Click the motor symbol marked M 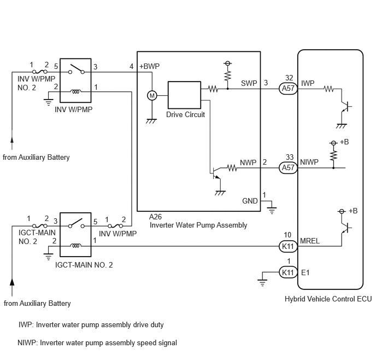click(x=152, y=96)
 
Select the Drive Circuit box click(x=184, y=95)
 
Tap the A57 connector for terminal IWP click(x=288, y=89)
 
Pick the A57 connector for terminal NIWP click(x=288, y=167)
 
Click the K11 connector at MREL click(x=288, y=246)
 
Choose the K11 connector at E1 click(x=288, y=272)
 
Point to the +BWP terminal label click(x=149, y=66)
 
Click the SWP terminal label click(x=249, y=83)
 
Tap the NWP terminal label click(x=248, y=162)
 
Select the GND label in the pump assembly click(x=250, y=201)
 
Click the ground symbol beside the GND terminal click(x=272, y=211)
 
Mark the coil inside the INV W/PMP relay click(x=75, y=91)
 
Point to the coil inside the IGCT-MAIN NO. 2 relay click(x=75, y=246)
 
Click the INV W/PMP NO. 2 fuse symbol click(x=39, y=72)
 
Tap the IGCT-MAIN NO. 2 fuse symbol click(x=39, y=226)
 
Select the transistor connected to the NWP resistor click(x=216, y=173)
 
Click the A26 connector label click(x=155, y=217)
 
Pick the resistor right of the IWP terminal click(x=328, y=89)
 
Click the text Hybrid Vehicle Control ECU click(x=328, y=299)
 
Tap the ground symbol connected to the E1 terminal click(x=262, y=283)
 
